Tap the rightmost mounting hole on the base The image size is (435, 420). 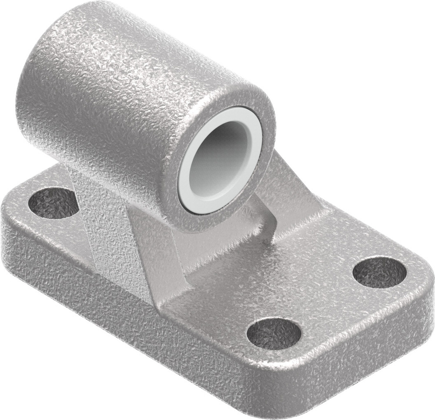[379, 272]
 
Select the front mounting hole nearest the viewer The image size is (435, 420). [274, 334]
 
